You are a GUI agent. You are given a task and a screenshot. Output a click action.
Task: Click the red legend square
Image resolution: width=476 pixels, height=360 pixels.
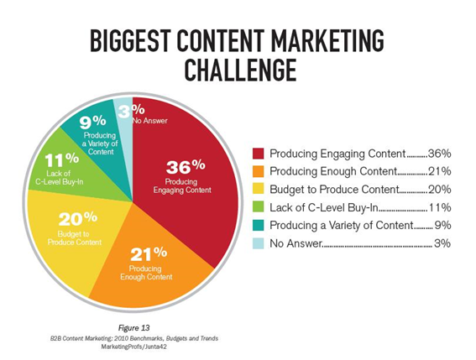258,154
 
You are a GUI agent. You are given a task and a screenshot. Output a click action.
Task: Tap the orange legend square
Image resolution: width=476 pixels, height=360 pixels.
258,171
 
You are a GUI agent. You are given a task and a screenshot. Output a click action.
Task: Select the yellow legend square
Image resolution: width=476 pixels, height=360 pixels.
258,189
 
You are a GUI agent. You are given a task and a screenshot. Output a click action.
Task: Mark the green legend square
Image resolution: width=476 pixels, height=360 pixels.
258,207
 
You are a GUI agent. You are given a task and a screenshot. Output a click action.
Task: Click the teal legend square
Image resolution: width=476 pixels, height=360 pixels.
258,225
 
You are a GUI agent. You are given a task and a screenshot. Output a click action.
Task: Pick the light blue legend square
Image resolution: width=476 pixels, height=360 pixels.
258,243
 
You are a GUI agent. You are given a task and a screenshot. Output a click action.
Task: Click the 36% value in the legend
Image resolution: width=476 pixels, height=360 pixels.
440,154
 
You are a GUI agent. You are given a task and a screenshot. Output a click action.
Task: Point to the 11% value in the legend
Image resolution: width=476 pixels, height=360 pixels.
440,207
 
